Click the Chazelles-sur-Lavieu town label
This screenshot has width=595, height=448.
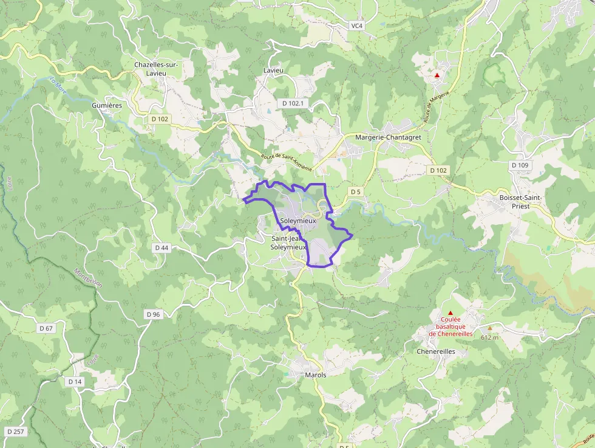pos(155,68)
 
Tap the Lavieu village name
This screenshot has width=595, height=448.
pos(273,71)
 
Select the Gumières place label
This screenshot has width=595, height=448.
pos(107,105)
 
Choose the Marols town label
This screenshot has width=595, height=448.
pos(315,375)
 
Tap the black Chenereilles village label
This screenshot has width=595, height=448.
pos(435,351)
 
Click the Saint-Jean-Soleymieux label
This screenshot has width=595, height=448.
pos(288,243)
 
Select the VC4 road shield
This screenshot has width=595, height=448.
pos(356,26)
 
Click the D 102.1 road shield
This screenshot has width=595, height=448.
pos(293,104)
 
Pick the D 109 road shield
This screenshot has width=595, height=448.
pos(520,165)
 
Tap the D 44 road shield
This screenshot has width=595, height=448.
pos(161,247)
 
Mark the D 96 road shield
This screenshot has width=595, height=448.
pos(153,314)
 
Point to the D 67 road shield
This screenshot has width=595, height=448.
pos(46,328)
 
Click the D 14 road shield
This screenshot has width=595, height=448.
pos(75,381)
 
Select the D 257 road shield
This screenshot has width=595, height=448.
pos(16,432)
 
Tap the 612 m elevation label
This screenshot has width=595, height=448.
pos(489,337)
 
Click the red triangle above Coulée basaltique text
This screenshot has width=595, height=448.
pos(450,312)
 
